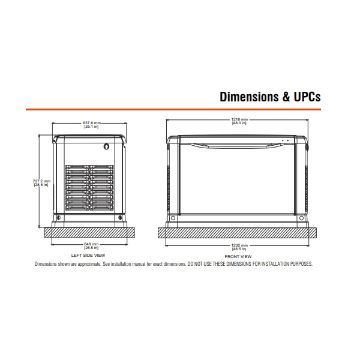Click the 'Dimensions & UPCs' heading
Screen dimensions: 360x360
(x=270, y=97)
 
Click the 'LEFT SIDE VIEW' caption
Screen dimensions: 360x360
(x=88, y=256)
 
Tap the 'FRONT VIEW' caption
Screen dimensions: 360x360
(x=238, y=256)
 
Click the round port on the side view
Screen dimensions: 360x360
(x=106, y=146)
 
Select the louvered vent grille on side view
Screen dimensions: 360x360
(x=89, y=188)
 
